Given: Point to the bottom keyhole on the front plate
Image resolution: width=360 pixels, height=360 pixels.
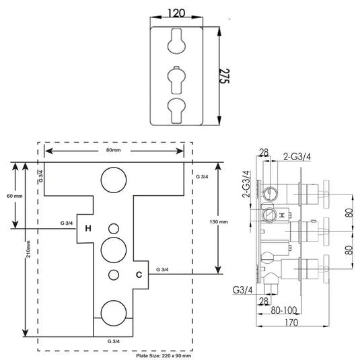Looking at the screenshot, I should [178, 108].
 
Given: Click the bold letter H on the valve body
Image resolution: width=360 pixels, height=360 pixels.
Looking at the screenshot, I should [87, 227].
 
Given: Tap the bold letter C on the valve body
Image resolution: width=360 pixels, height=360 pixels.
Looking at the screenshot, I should [139, 275].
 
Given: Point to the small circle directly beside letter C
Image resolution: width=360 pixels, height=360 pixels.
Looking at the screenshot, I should [112, 275].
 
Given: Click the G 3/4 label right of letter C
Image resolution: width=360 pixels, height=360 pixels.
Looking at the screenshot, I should [163, 269].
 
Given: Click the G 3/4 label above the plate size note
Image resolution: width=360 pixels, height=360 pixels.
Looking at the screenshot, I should [114, 342].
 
